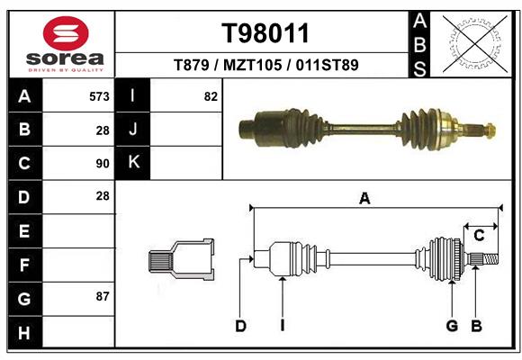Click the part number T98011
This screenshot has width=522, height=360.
265,33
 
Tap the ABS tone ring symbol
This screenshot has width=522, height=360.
472,41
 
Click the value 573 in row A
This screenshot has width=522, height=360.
99,95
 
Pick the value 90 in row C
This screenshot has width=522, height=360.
102,164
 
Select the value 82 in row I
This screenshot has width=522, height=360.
211,95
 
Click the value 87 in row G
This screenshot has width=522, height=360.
102,295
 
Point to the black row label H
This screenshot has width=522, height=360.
23,333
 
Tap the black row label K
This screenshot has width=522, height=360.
133,162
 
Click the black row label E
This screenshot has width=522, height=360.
23,230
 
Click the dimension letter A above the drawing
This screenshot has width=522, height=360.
364,199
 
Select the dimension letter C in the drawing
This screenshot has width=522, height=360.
479,236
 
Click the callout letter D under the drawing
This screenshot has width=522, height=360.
240,326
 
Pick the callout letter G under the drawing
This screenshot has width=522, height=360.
452,326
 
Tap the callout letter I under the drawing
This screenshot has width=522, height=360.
282,326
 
